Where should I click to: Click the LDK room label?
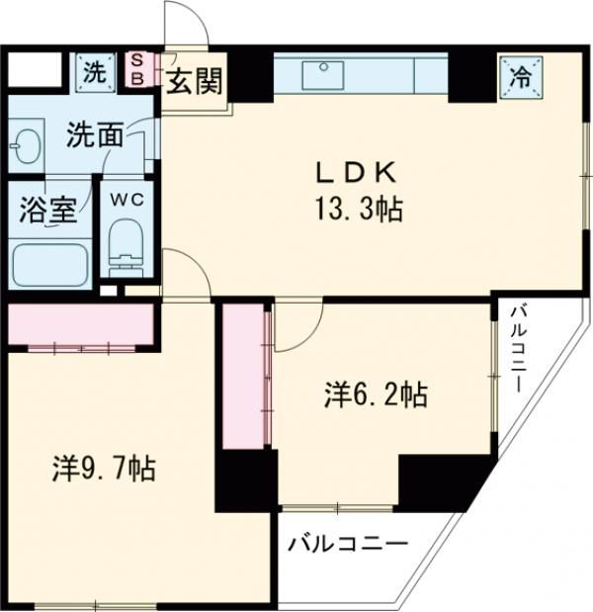pos(356,173)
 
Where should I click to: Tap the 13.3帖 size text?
pos(357,209)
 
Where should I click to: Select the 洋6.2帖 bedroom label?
pos(375,395)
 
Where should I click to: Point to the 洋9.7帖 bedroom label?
pos(103,468)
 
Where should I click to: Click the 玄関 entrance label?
pos(195,78)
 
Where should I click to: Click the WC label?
pos(126,198)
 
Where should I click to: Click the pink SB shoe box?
pos(137,69)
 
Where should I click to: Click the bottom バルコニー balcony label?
pos(348,544)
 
